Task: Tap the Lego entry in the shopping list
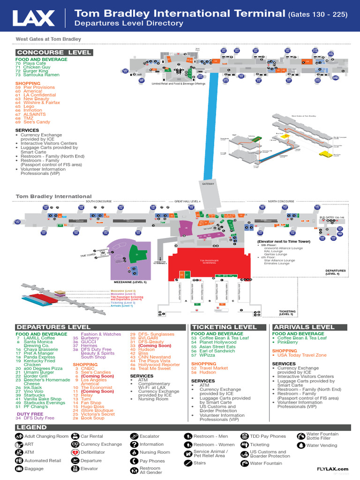click(x=30, y=106)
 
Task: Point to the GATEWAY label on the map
click(x=208, y=184)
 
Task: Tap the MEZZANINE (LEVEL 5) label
click(x=130, y=283)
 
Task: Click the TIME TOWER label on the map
click(x=87, y=255)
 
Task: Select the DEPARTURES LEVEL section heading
click(x=53, y=327)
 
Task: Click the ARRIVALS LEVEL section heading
click(x=304, y=327)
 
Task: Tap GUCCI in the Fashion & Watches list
click(x=88, y=342)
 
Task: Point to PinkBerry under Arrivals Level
click(x=288, y=342)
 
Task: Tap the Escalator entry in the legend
click(x=149, y=436)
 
